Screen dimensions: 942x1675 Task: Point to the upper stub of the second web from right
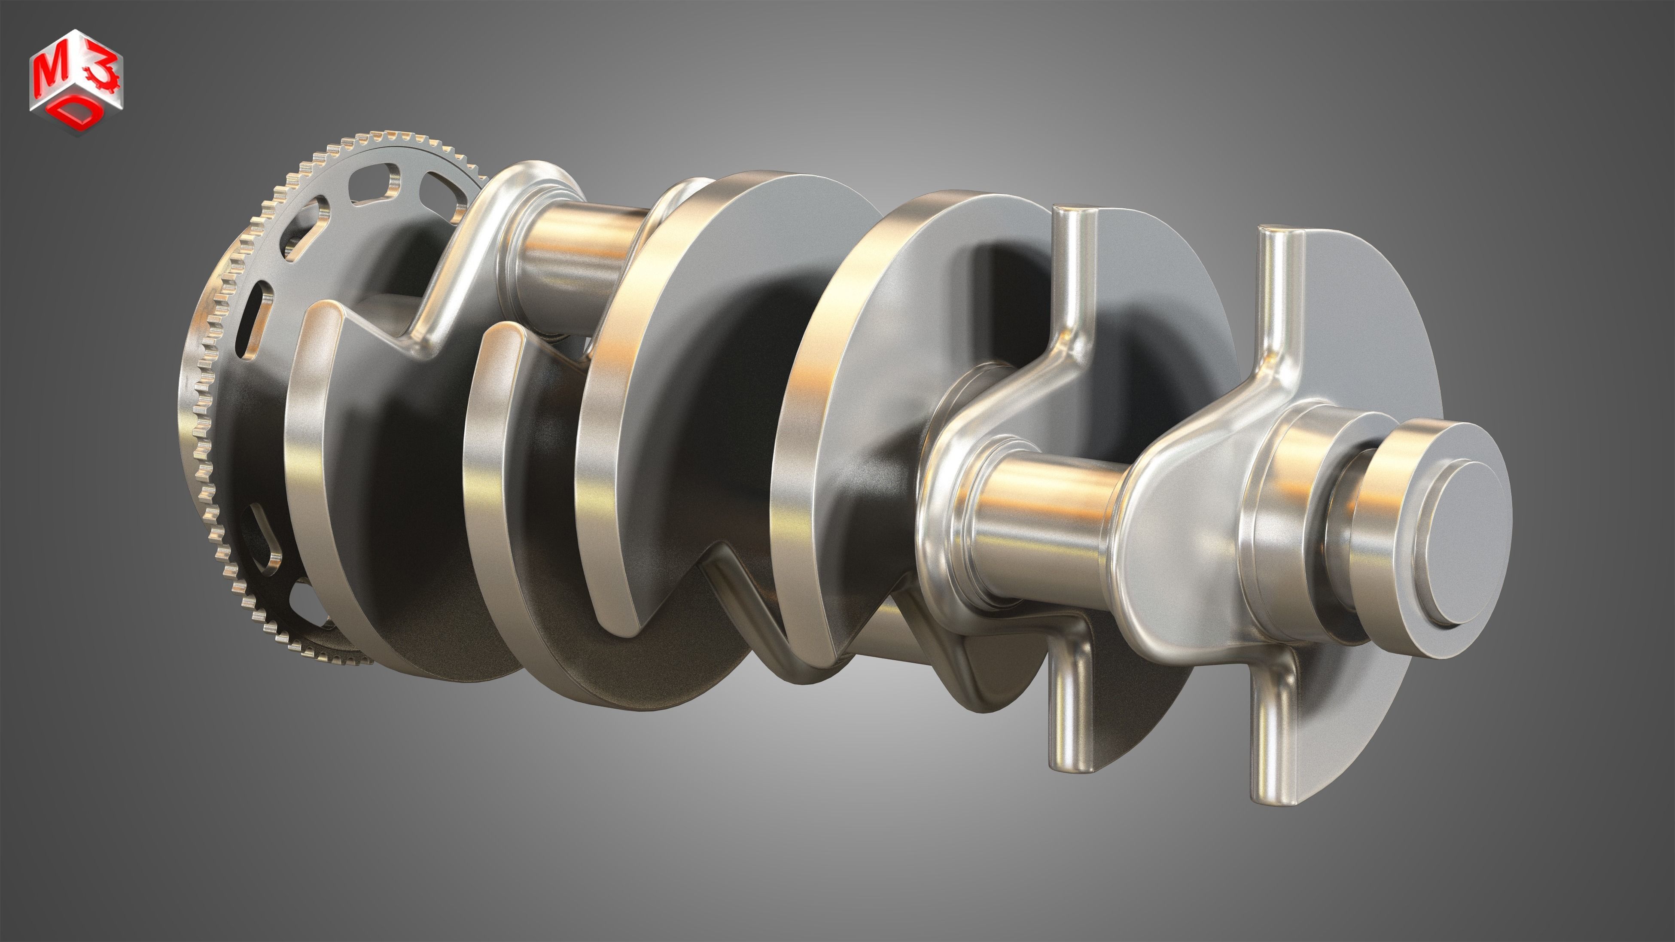pyautogui.click(x=1073, y=273)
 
